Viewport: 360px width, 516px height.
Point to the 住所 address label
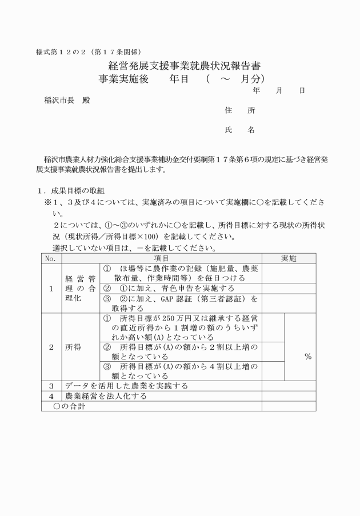coord(240,110)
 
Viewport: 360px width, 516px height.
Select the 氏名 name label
coord(240,130)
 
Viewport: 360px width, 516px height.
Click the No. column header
coord(51,259)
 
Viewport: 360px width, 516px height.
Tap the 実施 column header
coord(289,259)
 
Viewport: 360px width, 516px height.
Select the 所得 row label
coord(73,347)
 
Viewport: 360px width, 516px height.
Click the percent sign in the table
coord(307,356)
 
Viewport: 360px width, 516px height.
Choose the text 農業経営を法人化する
coord(106,395)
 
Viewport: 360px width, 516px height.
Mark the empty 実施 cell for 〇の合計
coord(289,406)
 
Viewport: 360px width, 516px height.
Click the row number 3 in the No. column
coord(51,386)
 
